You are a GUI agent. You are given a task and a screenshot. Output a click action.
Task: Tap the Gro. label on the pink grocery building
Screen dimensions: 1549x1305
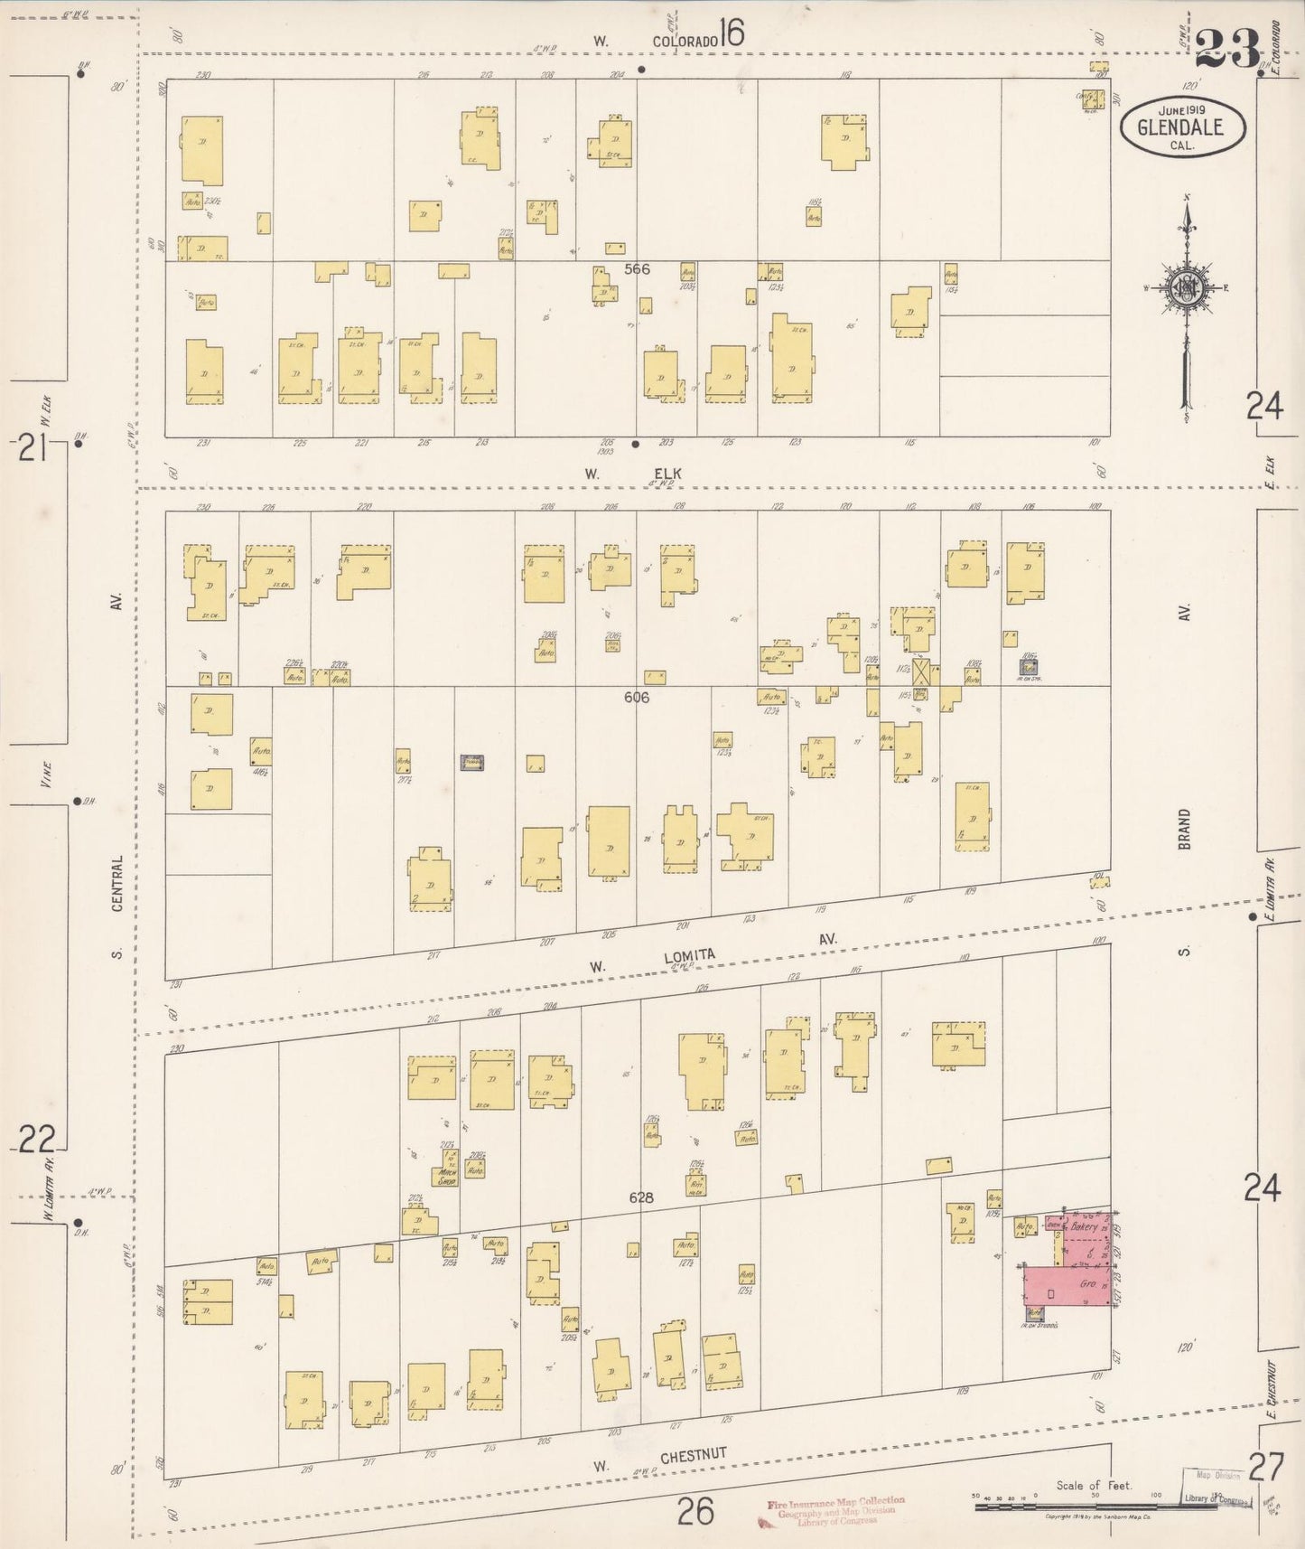tap(1087, 1283)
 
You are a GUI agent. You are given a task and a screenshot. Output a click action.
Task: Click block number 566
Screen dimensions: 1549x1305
tap(636, 269)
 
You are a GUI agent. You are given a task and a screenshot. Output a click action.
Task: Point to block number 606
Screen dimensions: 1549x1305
tap(636, 698)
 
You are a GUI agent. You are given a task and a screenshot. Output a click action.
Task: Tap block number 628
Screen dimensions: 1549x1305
tap(641, 1198)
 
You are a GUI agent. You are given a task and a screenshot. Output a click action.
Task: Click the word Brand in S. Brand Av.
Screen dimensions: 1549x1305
tap(1184, 828)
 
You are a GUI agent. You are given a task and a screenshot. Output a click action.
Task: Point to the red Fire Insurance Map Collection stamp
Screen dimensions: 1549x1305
tap(836, 1509)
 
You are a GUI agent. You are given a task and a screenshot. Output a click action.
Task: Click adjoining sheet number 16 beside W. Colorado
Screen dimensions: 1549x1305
tap(732, 35)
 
